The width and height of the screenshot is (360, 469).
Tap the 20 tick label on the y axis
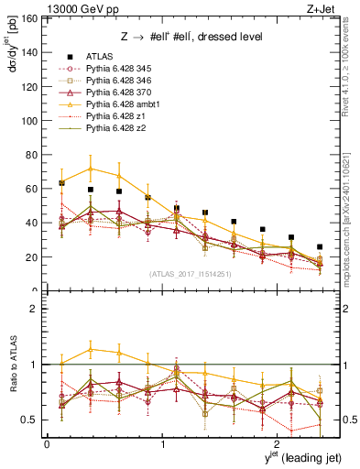coord(36,257)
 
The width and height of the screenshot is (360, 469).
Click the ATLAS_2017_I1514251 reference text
coord(182,274)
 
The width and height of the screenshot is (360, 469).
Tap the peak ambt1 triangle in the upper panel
coord(90,169)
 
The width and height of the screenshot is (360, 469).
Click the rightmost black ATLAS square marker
coord(320,247)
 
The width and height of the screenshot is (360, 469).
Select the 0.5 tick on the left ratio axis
coord(35,420)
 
